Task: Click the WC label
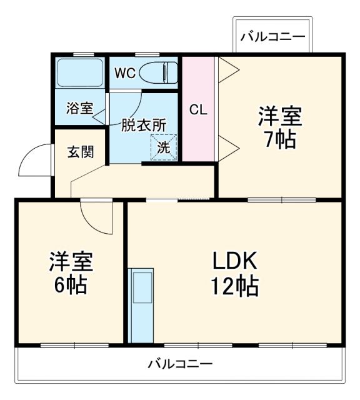[124, 72]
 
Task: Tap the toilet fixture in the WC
[156, 72]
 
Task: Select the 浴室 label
[79, 107]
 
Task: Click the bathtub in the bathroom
[80, 73]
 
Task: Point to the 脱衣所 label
[143, 124]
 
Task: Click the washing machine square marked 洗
[163, 148]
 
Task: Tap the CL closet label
[198, 110]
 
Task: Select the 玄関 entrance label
[81, 151]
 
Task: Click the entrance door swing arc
[32, 159]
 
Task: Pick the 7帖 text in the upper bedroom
[279, 139]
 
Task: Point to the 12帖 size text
[234, 286]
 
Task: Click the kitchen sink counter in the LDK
[141, 305]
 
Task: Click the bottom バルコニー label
[181, 363]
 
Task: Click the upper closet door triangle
[225, 70]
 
